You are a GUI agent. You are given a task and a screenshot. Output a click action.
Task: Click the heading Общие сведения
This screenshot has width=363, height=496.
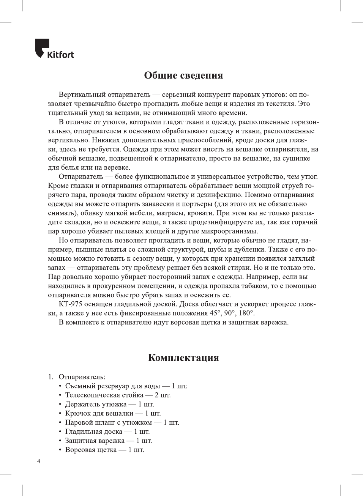point(183,75)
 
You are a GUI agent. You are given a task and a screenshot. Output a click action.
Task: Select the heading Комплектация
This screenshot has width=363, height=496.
point(183,357)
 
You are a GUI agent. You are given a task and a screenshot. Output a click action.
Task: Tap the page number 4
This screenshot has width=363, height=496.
point(38,461)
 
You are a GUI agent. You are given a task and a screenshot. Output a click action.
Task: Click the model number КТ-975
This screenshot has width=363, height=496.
point(70,304)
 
